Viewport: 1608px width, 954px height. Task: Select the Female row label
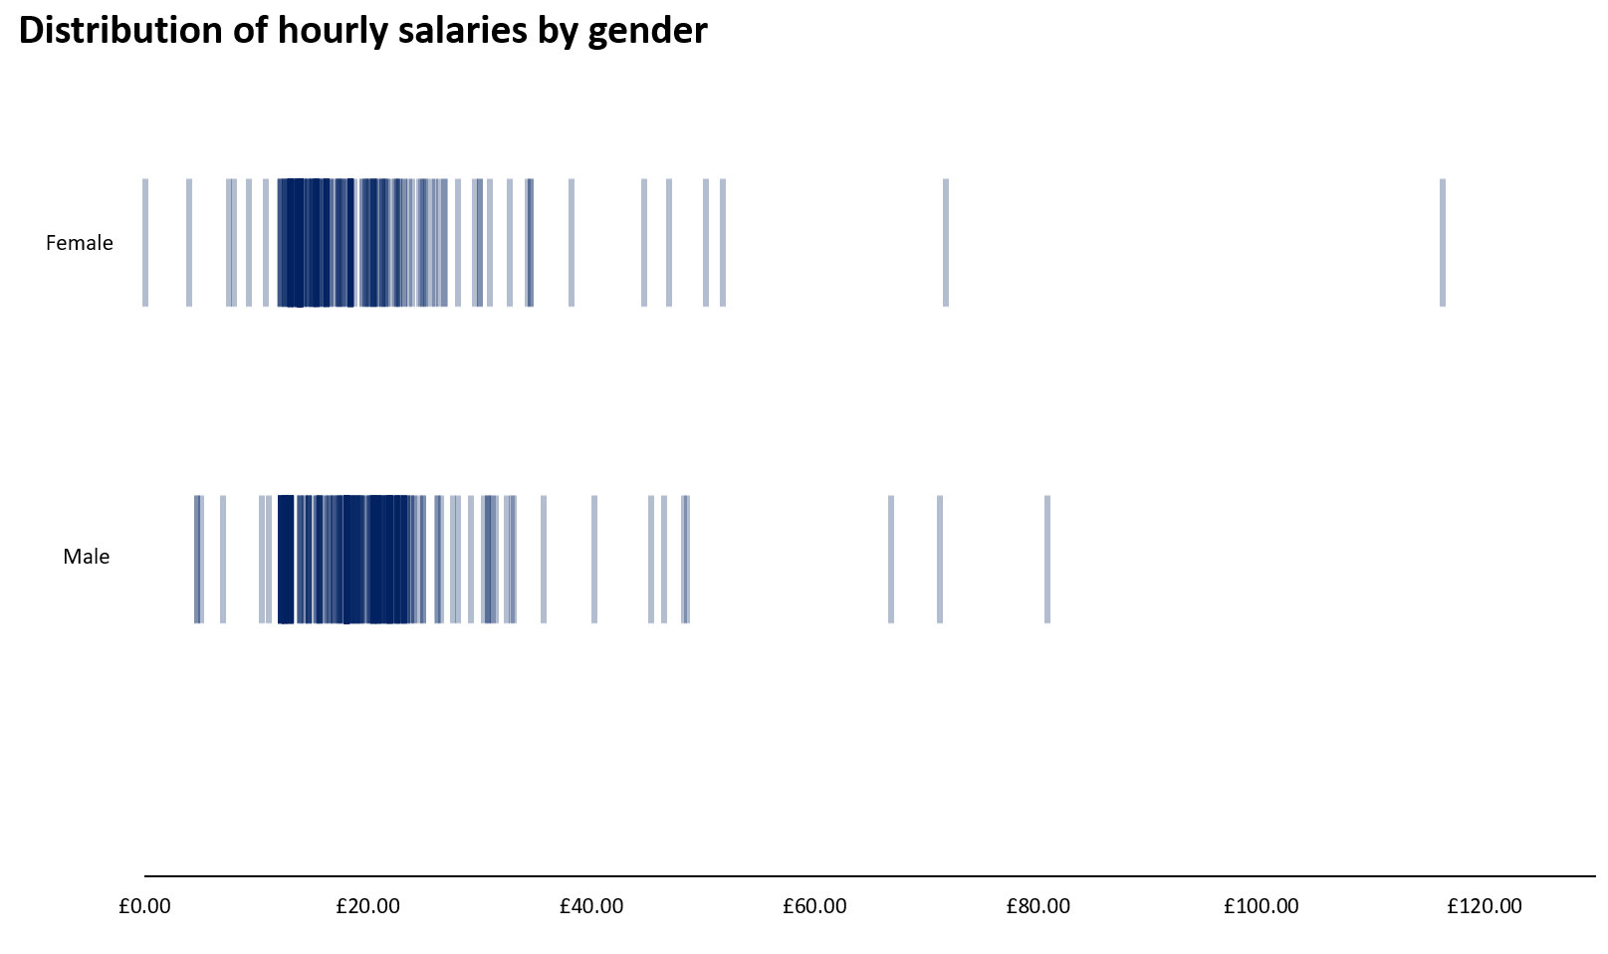[x=80, y=243]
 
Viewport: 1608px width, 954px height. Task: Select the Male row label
[x=87, y=557]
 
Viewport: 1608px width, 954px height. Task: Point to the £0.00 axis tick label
[x=144, y=906]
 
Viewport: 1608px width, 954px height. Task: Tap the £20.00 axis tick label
[x=367, y=906]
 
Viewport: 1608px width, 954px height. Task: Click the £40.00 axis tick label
[x=591, y=906]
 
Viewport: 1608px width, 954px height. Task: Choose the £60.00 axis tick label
[x=814, y=906]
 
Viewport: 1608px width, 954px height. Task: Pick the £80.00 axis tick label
[x=1037, y=906]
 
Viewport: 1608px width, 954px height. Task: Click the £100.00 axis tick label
[x=1261, y=906]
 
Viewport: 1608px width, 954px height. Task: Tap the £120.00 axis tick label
[x=1484, y=906]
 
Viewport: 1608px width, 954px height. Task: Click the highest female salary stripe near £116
[x=1442, y=243]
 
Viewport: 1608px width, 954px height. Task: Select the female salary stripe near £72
[x=945, y=243]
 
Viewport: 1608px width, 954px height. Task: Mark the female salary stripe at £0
[x=145, y=243]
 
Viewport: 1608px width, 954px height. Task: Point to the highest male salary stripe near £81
[x=1046, y=559]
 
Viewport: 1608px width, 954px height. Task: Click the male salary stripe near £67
[x=890, y=559]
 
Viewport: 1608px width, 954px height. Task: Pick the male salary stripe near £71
[x=939, y=559]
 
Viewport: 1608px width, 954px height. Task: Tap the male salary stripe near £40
[x=594, y=559]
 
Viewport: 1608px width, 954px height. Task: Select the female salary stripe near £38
[x=571, y=243]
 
